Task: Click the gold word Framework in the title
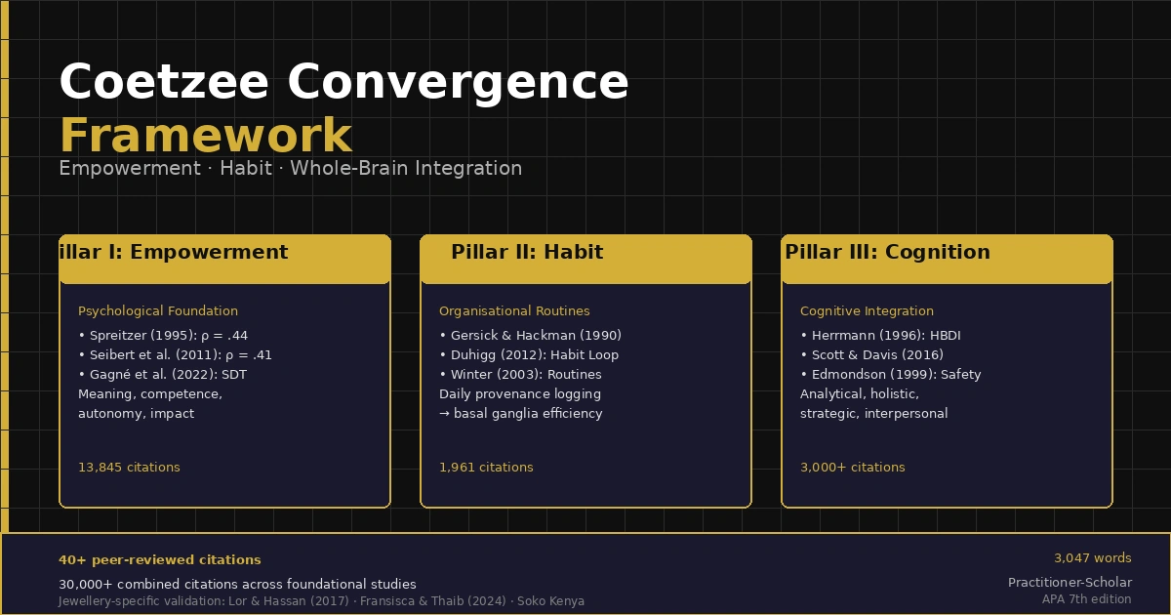pos(206,135)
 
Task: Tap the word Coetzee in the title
pos(164,82)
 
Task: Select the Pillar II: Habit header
pos(527,252)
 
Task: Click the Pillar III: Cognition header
pos(888,252)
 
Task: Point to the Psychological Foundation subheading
pos(158,311)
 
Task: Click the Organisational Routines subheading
pos(514,311)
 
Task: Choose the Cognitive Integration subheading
pos(867,311)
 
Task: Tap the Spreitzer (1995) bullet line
pos(163,335)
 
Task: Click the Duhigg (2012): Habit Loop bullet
pos(529,355)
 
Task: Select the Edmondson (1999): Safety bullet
pos(891,375)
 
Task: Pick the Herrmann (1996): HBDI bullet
pos(881,335)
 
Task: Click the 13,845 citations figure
pos(129,467)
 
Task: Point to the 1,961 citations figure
pos(486,467)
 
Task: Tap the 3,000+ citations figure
pos(853,467)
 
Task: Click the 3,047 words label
pos(1093,558)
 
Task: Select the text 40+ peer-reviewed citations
pos(160,560)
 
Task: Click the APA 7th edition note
pos(1087,599)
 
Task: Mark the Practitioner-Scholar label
pos(1070,582)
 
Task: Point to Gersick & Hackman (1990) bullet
pos(531,335)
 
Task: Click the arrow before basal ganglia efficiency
pos(444,414)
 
